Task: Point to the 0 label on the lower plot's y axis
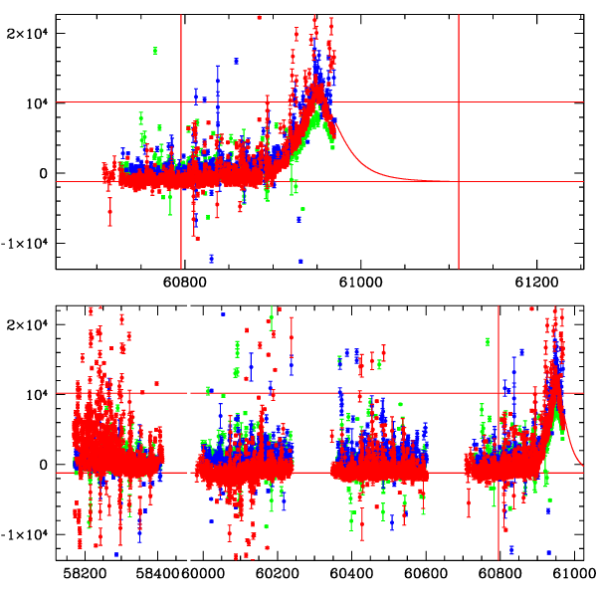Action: [43, 465]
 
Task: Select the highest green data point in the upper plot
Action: [155, 51]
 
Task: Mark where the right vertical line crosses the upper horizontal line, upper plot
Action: [459, 101]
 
